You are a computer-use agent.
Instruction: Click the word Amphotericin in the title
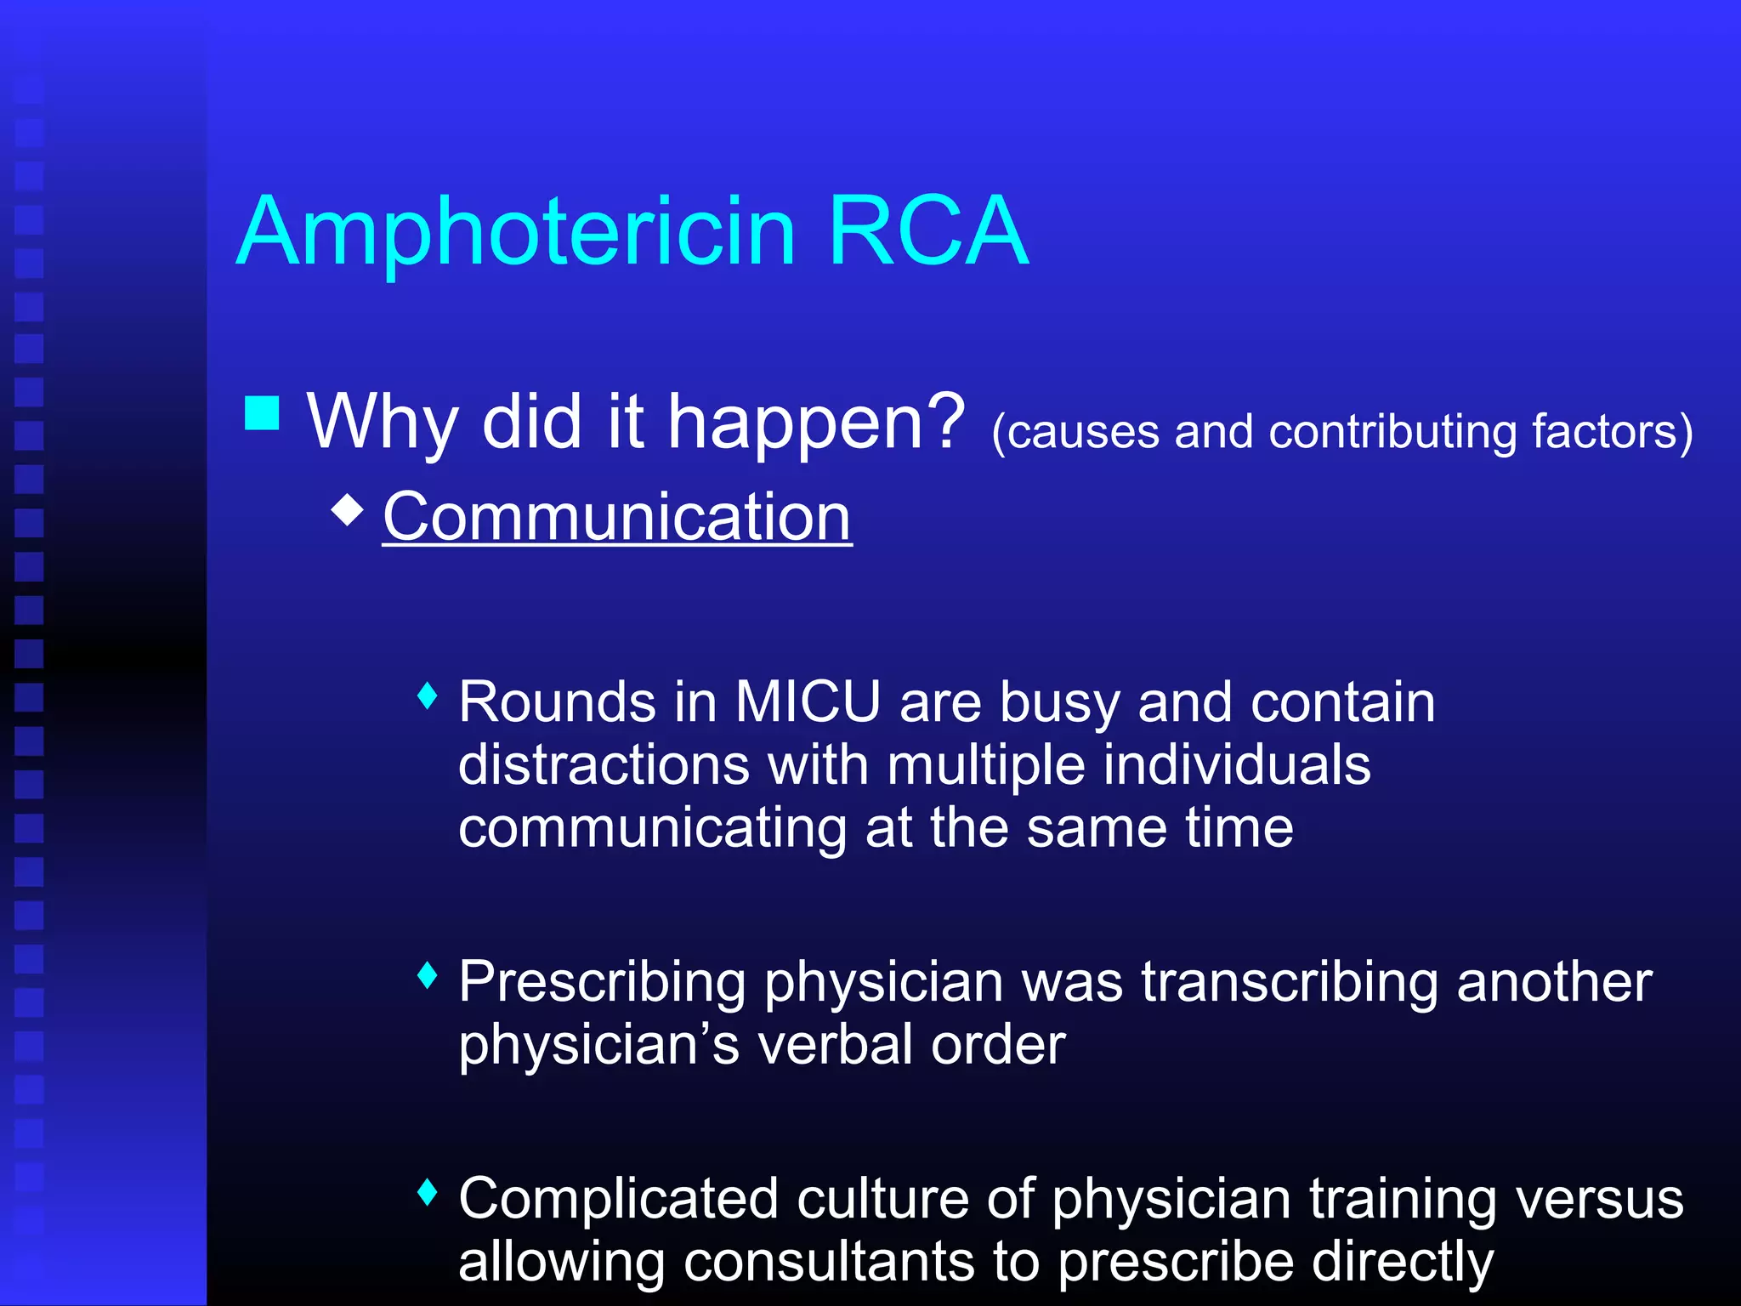click(516, 231)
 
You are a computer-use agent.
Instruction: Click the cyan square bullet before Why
click(262, 413)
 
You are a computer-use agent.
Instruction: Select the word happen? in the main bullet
click(816, 423)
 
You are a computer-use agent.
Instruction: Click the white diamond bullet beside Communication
click(348, 510)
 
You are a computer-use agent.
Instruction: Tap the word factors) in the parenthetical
click(1612, 432)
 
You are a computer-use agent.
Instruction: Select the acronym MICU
click(807, 702)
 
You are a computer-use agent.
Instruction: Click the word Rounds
click(557, 702)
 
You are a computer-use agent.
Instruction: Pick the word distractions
click(604, 765)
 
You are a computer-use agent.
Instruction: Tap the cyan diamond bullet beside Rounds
click(428, 696)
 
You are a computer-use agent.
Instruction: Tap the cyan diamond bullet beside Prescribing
click(428, 975)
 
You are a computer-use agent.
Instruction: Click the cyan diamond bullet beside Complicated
click(428, 1192)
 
